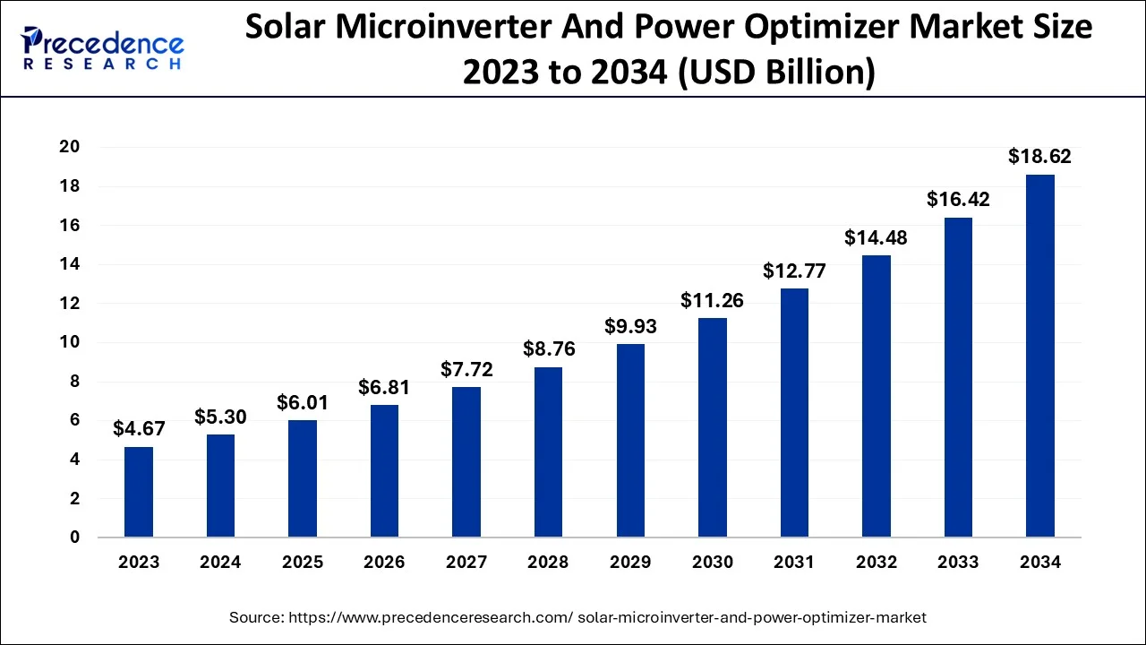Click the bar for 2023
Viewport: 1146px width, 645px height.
click(139, 492)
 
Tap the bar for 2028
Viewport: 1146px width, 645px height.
click(548, 452)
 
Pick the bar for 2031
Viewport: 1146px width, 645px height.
click(794, 413)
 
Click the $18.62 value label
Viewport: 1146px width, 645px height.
click(1039, 157)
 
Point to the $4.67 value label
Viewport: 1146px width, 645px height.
click(139, 429)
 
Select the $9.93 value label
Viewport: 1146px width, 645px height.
click(630, 326)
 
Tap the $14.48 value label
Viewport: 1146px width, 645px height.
click(876, 237)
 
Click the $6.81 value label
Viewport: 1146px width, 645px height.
click(384, 387)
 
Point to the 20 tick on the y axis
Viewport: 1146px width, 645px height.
click(70, 147)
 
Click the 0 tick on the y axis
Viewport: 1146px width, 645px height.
click(75, 537)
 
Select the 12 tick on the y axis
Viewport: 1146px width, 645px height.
click(70, 304)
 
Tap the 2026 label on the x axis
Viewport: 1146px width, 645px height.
click(384, 563)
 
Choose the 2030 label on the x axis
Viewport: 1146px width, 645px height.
click(712, 563)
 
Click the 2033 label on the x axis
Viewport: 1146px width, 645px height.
click(958, 563)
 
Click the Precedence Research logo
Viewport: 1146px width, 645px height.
click(104, 47)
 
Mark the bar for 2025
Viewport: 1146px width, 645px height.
click(303, 478)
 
